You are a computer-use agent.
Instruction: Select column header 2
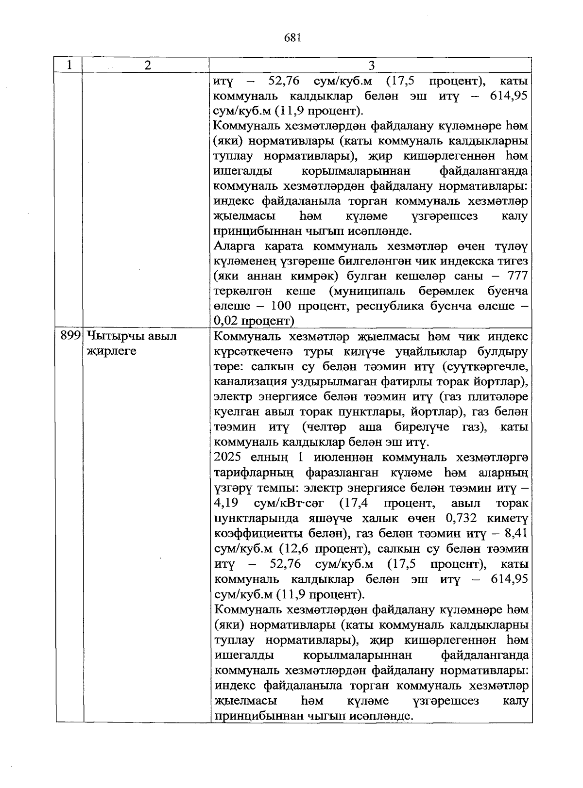(147, 65)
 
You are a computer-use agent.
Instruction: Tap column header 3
(371, 65)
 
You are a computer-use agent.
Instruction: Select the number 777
(517, 276)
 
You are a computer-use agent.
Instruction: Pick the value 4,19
(226, 503)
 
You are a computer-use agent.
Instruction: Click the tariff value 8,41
(516, 534)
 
